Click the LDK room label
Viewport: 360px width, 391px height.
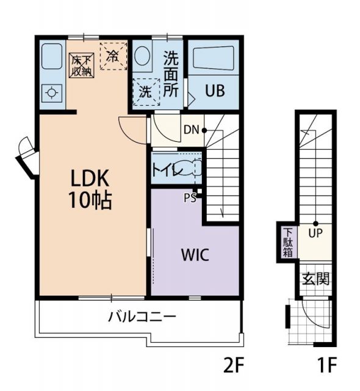point(90,178)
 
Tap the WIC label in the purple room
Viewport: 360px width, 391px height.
point(195,255)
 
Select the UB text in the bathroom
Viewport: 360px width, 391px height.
point(215,90)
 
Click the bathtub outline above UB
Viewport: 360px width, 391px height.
point(214,58)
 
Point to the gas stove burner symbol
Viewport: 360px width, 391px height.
point(52,93)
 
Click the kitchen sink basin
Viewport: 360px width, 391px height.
point(51,56)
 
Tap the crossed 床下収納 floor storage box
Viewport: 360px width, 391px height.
point(82,65)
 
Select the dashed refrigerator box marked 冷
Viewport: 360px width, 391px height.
point(113,56)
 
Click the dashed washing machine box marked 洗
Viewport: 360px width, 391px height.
point(146,92)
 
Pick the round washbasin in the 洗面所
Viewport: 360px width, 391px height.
point(142,56)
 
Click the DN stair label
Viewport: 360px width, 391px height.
point(191,130)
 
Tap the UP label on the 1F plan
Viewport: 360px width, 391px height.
point(315,233)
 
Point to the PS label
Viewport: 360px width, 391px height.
point(190,198)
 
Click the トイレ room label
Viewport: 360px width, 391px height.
point(167,170)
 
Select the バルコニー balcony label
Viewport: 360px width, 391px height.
point(142,316)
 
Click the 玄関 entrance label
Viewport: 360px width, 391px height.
point(315,279)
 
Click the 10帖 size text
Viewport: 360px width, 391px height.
point(90,200)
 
